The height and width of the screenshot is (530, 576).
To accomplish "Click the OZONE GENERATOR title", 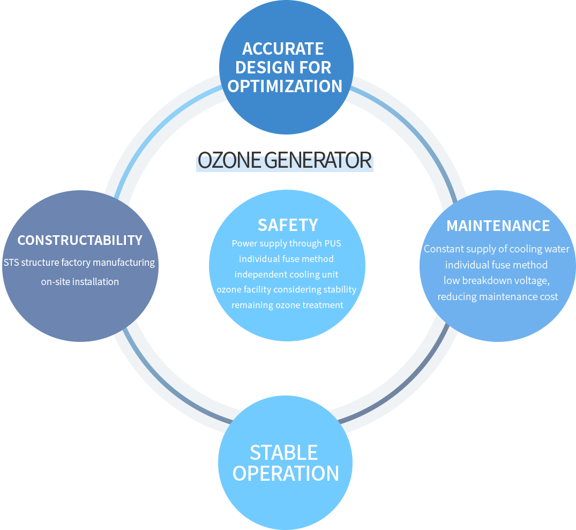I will click(285, 161).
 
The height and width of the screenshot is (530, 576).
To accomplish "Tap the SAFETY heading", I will click(288, 225).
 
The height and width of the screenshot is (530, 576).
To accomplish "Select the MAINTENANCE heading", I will click(498, 226).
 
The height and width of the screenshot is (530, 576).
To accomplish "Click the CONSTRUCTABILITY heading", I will click(80, 240).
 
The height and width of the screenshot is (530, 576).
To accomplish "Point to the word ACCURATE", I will click(283, 49).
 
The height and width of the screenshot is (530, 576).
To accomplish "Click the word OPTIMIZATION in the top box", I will click(285, 86).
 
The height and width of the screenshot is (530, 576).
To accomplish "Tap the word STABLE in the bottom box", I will click(283, 453).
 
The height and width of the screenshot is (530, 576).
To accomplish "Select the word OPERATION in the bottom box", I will click(286, 474).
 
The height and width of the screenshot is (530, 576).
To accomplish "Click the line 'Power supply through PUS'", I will click(286, 243).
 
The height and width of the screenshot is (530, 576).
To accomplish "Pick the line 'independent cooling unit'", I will click(286, 274).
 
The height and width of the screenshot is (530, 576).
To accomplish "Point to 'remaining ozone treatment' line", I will click(287, 305).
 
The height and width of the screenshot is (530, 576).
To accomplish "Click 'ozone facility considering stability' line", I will click(286, 290).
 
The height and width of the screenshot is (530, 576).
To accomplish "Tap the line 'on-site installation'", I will click(80, 281).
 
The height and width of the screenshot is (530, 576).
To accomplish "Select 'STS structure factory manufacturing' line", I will click(79, 263).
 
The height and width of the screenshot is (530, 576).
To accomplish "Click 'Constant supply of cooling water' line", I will click(496, 249).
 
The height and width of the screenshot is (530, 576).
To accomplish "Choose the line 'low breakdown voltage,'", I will click(497, 280).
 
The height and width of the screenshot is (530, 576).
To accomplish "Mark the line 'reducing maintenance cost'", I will click(497, 296).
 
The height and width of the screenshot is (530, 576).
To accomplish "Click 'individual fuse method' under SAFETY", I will click(286, 259).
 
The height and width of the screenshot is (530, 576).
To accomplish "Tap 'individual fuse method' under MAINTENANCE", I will click(496, 265).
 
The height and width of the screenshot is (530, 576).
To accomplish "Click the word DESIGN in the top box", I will click(259, 68).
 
